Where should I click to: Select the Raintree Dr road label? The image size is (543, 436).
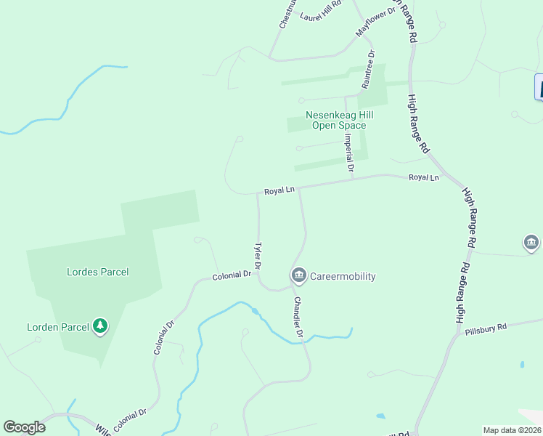(370, 69)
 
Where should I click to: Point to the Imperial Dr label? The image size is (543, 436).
(349, 151)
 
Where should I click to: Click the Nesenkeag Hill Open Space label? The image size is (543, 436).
(335, 120)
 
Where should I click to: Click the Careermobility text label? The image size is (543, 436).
(343, 276)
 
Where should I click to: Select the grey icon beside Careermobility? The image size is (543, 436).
(298, 275)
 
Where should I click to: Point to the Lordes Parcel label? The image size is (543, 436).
(97, 272)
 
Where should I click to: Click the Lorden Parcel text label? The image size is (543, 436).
(57, 327)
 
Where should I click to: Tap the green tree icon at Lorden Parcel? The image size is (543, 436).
(100, 327)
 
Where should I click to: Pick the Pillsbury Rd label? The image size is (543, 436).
(486, 328)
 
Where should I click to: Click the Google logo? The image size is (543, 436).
(24, 427)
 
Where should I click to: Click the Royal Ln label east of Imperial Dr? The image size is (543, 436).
(424, 177)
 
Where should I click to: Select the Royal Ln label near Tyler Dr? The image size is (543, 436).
(279, 190)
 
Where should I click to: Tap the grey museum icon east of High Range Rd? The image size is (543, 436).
(531, 243)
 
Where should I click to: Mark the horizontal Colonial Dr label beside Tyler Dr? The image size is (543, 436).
(232, 276)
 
